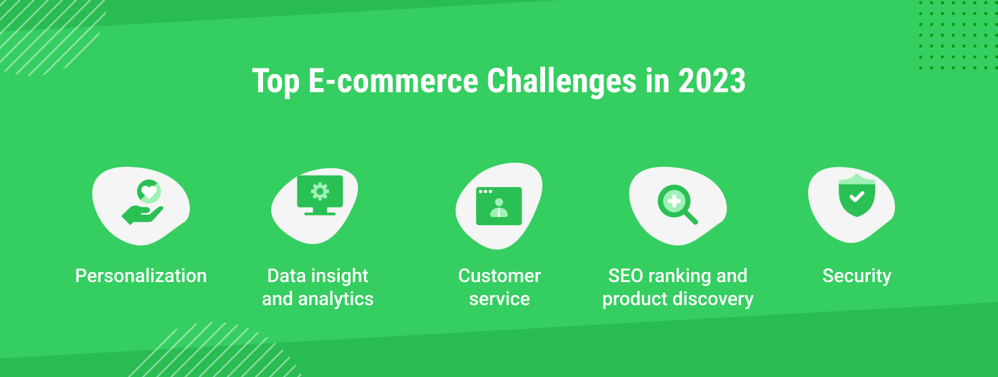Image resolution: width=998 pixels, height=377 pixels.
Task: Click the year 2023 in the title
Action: pyautogui.click(x=712, y=81)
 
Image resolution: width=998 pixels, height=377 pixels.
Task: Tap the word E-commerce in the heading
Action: pyautogui.click(x=393, y=81)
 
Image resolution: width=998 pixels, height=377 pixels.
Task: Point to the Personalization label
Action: pyautogui.click(x=141, y=276)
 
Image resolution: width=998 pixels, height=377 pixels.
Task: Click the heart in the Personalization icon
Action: pyautogui.click(x=148, y=192)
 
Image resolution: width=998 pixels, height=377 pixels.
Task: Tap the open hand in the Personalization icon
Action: pyautogui.click(x=142, y=215)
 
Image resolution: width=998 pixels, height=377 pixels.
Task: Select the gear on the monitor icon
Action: pyautogui.click(x=320, y=192)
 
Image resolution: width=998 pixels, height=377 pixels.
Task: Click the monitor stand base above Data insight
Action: pyautogui.click(x=320, y=214)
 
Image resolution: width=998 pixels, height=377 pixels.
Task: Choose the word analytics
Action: pyautogui.click(x=336, y=299)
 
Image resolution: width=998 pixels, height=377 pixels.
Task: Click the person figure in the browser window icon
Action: pyautogui.click(x=499, y=207)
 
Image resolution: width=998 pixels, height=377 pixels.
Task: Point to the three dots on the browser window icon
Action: pyautogui.click(x=485, y=192)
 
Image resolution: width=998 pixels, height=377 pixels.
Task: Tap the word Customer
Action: pyautogui.click(x=499, y=276)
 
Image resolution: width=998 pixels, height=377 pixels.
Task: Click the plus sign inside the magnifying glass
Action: pyautogui.click(x=675, y=201)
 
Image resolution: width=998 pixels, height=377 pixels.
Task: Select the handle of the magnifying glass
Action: pyautogui.click(x=691, y=218)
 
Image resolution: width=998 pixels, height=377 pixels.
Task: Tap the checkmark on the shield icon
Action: pyautogui.click(x=857, y=197)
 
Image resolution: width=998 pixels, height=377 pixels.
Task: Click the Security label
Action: pyautogui.click(x=857, y=276)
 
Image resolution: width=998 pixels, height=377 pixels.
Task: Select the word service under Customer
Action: pyautogui.click(x=500, y=299)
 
